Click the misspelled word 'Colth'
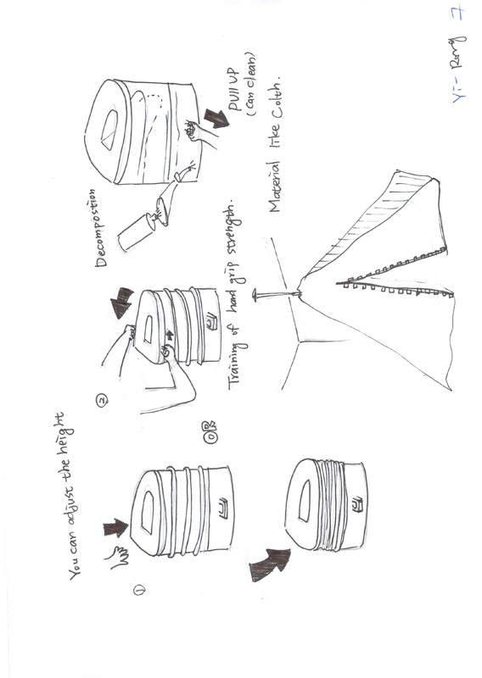pos(275,101)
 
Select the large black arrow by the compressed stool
pos(269,564)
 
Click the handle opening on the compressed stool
pos(306,491)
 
